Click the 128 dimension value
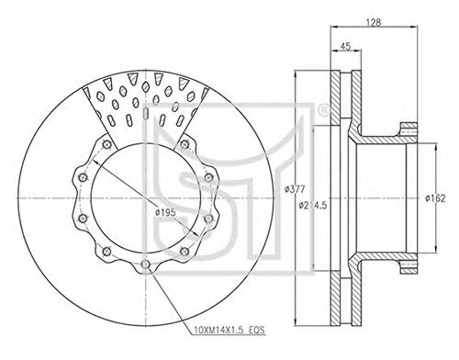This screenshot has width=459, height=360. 374,22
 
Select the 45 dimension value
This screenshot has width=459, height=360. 345,46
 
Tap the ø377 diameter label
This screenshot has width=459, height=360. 295,189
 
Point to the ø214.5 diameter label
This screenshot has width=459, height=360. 313,205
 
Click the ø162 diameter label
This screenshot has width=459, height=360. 435,198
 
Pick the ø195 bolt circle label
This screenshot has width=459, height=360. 165,212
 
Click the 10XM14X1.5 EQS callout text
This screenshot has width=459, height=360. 229,330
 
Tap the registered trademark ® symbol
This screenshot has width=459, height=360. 322,110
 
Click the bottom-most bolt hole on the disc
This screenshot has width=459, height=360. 146,264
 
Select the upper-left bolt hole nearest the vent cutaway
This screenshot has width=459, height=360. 106,144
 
